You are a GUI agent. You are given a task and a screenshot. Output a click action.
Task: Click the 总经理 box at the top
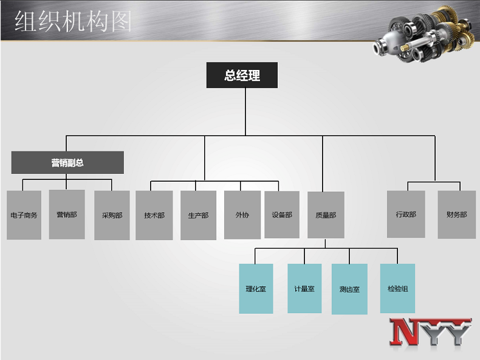[242, 75]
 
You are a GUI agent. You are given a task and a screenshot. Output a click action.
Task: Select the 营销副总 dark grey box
[67, 162]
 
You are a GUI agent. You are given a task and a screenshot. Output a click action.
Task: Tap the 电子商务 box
[24, 215]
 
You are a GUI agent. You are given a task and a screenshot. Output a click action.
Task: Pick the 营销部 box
[67, 215]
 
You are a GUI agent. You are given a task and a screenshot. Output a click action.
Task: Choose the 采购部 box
[112, 215]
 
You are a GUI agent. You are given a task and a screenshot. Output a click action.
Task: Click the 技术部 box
[154, 215]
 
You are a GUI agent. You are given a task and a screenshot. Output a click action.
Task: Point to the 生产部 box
[198, 215]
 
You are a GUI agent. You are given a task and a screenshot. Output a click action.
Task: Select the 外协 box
[242, 215]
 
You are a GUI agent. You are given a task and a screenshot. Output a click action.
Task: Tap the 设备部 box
[282, 215]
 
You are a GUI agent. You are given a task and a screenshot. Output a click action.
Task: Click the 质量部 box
[326, 215]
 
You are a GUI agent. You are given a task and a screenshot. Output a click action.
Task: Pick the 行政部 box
[406, 215]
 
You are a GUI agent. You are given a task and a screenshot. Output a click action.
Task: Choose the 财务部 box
[457, 215]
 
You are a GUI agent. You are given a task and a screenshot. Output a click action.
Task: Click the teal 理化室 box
[256, 289]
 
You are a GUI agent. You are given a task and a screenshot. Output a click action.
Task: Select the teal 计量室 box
[304, 289]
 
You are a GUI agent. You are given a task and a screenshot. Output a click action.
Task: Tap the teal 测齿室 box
[349, 289]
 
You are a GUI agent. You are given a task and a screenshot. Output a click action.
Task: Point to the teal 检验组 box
[397, 289]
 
